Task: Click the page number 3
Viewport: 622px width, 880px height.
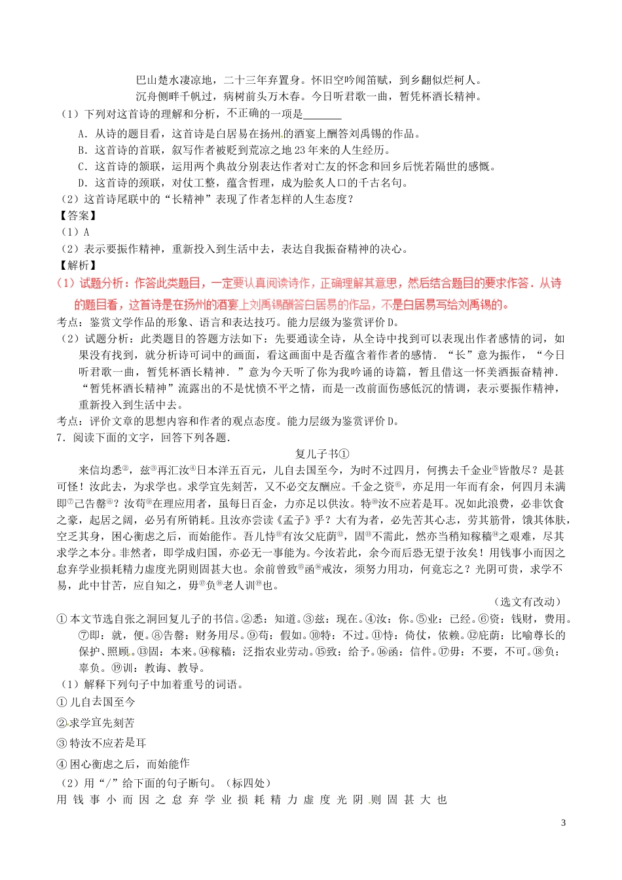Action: click(563, 823)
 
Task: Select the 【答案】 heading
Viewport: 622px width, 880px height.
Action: click(77, 215)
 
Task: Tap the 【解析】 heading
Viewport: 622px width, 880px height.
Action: click(77, 265)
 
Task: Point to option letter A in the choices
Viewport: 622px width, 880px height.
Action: click(82, 134)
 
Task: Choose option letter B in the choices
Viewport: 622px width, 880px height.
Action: click(82, 150)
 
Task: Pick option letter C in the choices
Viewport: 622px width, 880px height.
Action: click(82, 166)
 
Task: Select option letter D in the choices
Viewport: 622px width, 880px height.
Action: click(82, 183)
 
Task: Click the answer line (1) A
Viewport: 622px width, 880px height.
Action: click(74, 232)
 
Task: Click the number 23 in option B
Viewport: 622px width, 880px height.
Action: click(293, 150)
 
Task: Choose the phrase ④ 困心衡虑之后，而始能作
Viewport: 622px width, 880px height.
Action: click(123, 763)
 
